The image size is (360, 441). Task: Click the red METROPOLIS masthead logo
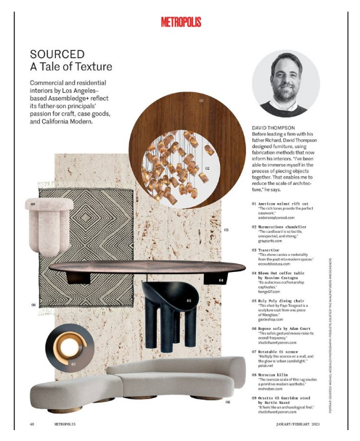tap(180, 22)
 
